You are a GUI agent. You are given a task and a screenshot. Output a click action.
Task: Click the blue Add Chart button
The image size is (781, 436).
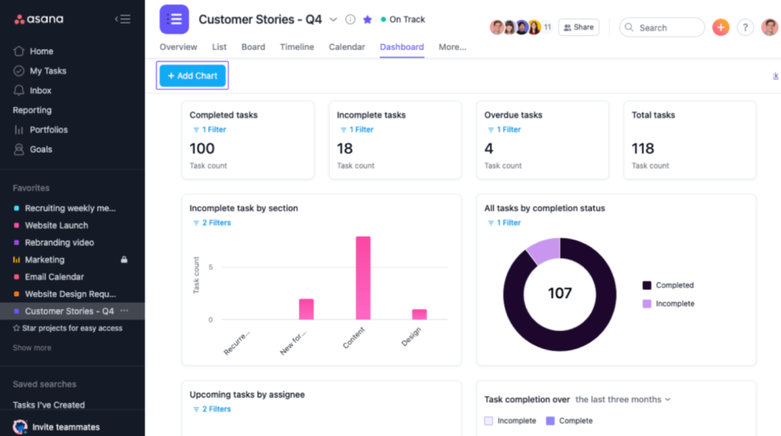(192, 76)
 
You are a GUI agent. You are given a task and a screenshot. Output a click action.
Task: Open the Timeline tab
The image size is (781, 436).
(297, 47)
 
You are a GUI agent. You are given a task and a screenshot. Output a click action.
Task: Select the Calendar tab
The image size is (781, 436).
(346, 47)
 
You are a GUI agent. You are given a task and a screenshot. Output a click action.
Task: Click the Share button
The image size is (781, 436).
(578, 27)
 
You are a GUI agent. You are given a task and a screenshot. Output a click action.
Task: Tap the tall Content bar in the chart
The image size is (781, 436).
(363, 278)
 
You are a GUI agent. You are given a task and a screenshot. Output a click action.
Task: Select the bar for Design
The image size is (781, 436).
(419, 314)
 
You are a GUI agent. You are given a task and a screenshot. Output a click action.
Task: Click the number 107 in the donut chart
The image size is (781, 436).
(560, 293)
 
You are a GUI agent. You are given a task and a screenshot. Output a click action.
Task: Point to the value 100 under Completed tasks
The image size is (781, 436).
(202, 148)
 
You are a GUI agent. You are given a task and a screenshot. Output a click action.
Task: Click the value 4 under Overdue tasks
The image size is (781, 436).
(489, 148)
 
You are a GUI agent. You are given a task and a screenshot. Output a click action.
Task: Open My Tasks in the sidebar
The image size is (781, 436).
(47, 71)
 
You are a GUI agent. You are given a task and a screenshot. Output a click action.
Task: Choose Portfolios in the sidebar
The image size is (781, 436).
(48, 130)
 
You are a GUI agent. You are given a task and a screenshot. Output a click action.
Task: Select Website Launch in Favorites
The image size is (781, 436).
(56, 225)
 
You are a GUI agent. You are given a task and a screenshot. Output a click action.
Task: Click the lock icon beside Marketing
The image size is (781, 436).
(124, 260)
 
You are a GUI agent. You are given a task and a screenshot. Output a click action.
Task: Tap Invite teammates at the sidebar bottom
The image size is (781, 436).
(66, 427)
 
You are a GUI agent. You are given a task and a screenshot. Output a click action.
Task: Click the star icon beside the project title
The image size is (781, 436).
(368, 20)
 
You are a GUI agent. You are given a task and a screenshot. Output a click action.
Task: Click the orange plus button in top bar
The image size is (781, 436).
(721, 27)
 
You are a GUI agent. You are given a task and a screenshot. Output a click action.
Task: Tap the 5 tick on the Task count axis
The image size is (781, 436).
(211, 267)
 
